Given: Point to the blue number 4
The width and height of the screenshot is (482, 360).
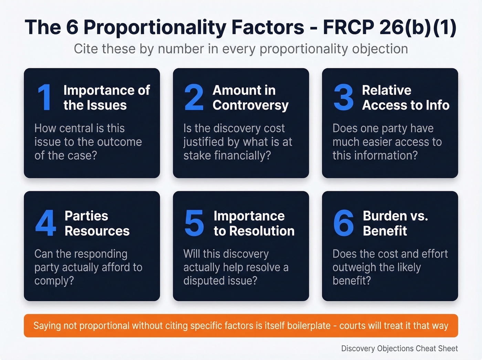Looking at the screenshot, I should tap(45, 223).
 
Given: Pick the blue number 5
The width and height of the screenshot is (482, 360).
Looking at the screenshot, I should tap(194, 223).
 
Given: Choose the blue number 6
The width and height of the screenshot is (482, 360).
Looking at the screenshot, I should tap(343, 223).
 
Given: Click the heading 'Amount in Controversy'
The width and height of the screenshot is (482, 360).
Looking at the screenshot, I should tap(250, 97).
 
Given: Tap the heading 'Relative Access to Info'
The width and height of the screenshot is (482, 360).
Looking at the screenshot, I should tap(405, 97).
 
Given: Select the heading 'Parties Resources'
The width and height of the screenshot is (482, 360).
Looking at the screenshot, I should tap(97, 223).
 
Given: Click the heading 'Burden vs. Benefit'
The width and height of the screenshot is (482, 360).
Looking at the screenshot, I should tap(395, 223).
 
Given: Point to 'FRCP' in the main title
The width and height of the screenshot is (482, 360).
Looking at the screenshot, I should tap(348, 27).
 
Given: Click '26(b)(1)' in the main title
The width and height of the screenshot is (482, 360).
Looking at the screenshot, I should tap(418, 27).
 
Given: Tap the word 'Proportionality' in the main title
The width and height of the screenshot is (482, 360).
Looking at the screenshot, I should tap(155, 27).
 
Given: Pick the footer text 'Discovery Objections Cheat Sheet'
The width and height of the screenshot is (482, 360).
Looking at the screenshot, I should tap(399, 348).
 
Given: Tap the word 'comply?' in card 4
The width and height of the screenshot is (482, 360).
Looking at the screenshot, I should tap(54, 281).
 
